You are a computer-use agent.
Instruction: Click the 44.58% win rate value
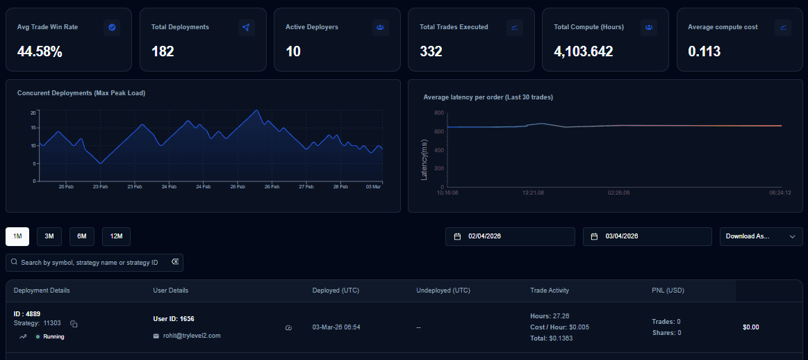(40, 51)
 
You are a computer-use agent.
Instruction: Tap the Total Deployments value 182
(163, 51)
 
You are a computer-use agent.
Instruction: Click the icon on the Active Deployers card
(380, 27)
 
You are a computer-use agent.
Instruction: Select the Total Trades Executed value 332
(431, 51)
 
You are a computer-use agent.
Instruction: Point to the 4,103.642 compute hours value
(584, 51)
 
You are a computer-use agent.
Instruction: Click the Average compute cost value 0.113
(704, 51)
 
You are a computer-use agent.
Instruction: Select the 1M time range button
(17, 236)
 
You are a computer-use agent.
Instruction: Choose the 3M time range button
(49, 236)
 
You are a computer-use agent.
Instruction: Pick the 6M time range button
(82, 236)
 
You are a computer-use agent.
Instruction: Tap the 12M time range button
(116, 236)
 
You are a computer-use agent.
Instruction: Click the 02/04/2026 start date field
(510, 236)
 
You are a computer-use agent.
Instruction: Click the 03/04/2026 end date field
(647, 236)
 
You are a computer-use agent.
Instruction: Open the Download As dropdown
(761, 236)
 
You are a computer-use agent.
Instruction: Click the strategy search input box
(94, 263)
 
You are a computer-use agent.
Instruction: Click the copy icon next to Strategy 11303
(74, 324)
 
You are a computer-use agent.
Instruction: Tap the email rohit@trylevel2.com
(192, 336)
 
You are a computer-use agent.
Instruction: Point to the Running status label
(53, 336)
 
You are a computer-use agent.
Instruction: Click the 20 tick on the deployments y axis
(33, 112)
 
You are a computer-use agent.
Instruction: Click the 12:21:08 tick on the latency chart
(533, 193)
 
